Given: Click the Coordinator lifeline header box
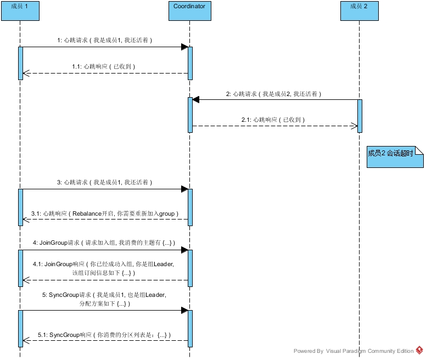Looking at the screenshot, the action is pos(189,11).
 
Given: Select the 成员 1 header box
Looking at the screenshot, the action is pos(20,11).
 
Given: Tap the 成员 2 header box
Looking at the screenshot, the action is pos(360,11).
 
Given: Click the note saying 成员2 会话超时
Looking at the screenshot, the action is pos(395,156).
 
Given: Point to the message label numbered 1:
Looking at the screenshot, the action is pos(105,40).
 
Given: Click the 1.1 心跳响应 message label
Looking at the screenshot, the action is pos(104,66).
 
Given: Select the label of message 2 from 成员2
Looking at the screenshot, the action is pos(273,94).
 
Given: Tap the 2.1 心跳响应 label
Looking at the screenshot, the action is pos(273,120).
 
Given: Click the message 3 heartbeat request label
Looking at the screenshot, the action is pos(105,182).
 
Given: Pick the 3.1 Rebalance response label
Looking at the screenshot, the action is pos(105,213).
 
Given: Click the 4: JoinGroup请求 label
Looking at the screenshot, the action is pos(104,243).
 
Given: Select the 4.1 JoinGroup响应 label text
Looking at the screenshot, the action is pos(104,268).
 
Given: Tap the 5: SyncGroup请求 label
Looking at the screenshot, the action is pos(104,299).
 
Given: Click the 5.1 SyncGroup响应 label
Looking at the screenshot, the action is pos(104,335).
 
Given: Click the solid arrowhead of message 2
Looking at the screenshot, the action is pos(195,100).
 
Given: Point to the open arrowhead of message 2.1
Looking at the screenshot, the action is pos(354,126).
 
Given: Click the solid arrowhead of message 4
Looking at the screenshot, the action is pos(185,250).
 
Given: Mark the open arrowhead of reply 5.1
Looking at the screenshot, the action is pos(26,340).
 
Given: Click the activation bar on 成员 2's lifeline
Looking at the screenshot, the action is pos(360,116).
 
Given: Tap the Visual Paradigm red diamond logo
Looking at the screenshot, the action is pos(419,350).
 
